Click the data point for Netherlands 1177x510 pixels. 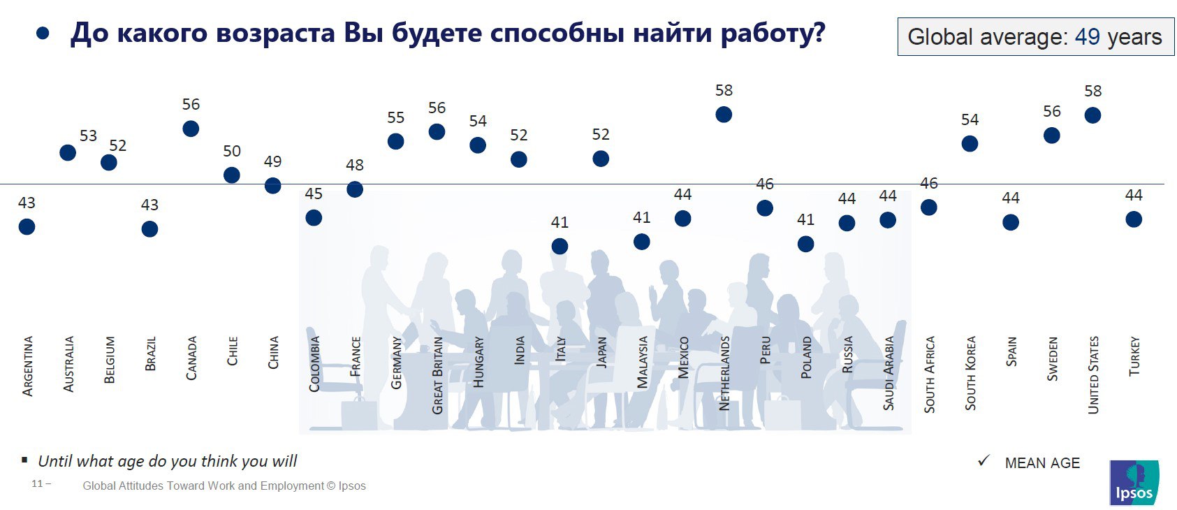(x=724, y=115)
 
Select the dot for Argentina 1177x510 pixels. (x=27, y=227)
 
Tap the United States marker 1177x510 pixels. (x=1092, y=115)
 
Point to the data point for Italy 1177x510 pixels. (x=560, y=247)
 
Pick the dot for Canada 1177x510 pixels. (x=191, y=129)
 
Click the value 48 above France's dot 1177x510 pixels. (x=355, y=166)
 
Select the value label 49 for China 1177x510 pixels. (x=272, y=162)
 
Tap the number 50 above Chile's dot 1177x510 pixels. (x=232, y=152)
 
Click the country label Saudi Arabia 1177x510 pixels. (x=889, y=373)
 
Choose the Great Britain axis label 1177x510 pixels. (x=438, y=375)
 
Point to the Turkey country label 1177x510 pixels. (x=1134, y=356)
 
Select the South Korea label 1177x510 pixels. (x=970, y=373)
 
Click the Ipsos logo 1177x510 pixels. (x=1134, y=482)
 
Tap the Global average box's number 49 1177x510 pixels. (x=1087, y=37)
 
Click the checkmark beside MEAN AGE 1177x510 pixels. (x=984, y=461)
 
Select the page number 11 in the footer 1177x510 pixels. (x=38, y=483)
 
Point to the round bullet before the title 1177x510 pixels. (x=43, y=33)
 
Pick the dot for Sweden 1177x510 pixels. (x=1051, y=136)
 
